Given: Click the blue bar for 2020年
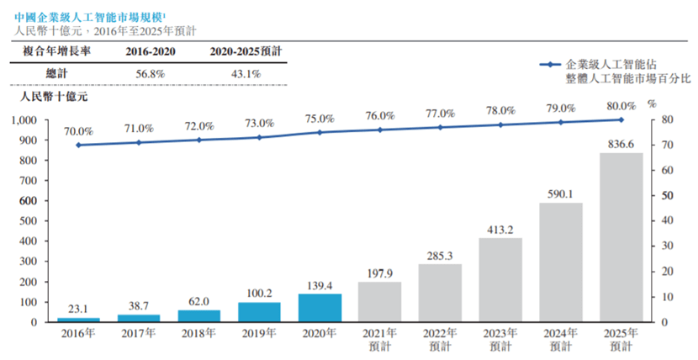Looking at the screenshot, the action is tap(320, 308).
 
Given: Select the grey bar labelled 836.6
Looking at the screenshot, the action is tap(621, 237).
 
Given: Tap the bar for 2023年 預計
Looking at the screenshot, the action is tap(500, 280).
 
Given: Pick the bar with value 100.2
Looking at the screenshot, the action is tap(259, 312).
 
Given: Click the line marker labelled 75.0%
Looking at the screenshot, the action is tap(320, 132).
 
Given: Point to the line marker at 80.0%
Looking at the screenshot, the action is tap(621, 119).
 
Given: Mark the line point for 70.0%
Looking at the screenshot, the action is tap(78, 145).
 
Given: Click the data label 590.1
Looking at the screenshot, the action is tap(560, 194).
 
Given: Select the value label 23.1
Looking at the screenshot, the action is tap(78, 309).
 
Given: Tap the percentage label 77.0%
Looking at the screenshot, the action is tap(441, 114).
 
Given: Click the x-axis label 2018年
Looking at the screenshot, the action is tap(198, 333).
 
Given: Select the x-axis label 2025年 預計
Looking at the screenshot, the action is tap(621, 340).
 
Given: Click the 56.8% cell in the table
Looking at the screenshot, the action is tap(150, 74).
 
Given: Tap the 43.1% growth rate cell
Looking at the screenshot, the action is tap(246, 74).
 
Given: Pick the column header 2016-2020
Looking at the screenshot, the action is tap(150, 51).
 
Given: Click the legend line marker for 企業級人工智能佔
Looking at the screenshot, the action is tap(550, 65).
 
